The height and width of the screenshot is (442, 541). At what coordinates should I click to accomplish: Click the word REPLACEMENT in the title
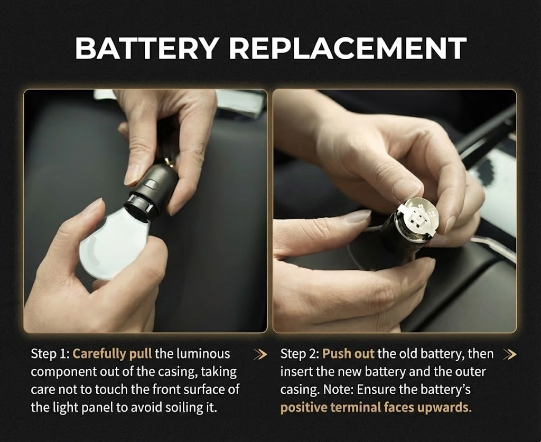click(x=347, y=49)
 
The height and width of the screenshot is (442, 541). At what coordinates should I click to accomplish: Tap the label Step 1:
click(x=50, y=354)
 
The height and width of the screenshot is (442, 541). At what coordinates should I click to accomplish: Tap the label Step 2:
click(x=300, y=354)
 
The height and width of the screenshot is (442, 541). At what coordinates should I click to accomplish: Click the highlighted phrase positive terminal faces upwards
click(x=376, y=408)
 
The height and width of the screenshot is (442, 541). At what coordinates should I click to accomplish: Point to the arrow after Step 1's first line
click(x=260, y=354)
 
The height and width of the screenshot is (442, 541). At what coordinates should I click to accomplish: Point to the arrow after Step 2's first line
click(x=509, y=354)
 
